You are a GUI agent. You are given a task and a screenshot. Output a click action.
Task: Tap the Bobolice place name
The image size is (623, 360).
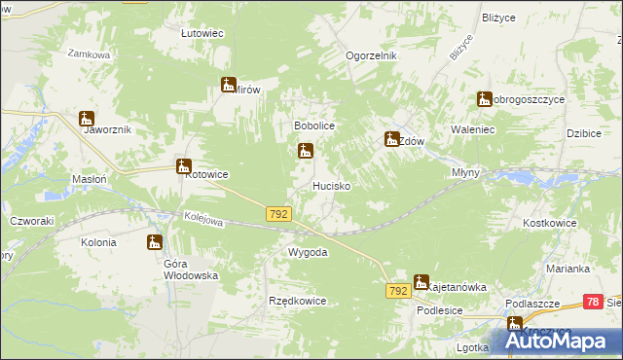[x=314, y=126]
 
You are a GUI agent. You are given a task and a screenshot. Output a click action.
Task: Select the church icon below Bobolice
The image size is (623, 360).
[x=306, y=151]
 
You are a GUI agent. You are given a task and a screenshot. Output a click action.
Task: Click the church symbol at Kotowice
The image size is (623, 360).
[x=182, y=166]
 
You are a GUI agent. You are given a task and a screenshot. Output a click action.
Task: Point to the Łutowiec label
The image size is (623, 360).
[x=202, y=33]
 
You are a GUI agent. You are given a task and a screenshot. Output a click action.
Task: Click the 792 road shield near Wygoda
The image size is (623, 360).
[x=278, y=212]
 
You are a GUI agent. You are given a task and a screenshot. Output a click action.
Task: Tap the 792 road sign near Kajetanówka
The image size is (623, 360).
[x=397, y=291]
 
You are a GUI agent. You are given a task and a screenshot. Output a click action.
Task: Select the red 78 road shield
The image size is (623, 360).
[x=593, y=303]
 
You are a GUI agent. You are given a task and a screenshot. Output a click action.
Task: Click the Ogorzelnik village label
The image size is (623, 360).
[x=372, y=55]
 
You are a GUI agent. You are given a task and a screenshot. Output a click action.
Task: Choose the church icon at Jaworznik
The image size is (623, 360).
[x=87, y=119]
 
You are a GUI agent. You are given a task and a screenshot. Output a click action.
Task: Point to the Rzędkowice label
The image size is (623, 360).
[x=297, y=301]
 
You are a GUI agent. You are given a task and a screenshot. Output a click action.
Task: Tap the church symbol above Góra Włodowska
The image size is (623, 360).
[x=155, y=242]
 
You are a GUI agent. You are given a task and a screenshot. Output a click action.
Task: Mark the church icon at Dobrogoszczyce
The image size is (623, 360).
[x=484, y=98]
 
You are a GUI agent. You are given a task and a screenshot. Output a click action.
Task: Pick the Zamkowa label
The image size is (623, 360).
[x=88, y=55]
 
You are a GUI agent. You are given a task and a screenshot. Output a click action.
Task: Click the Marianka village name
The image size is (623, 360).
[x=568, y=269]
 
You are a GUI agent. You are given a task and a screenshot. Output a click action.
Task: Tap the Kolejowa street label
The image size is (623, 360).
[x=204, y=222]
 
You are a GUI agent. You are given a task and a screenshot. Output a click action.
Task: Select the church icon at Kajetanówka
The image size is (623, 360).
[x=421, y=282]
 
